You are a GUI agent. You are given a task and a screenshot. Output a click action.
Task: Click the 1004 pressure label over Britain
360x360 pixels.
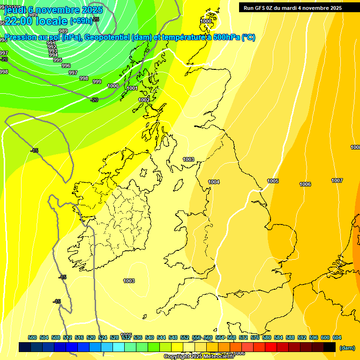coord(214,182)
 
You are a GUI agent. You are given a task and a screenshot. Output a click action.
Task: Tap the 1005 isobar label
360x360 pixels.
coord(273,181)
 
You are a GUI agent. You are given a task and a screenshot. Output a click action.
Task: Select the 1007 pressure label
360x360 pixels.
coord(337,180)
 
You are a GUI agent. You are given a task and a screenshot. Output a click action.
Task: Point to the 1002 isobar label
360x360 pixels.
coord(144,100)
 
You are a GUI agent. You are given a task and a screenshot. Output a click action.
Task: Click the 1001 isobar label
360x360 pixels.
coord(132,88)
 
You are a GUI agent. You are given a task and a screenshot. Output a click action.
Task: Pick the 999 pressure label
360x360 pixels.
coord(97,82)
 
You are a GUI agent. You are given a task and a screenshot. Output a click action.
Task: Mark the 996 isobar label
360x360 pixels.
coord(66,66)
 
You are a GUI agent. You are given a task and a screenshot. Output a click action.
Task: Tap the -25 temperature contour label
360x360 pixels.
coord(96,19)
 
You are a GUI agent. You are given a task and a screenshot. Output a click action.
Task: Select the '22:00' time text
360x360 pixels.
coord(19,21)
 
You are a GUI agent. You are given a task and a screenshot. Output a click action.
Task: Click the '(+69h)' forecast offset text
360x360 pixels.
coord(81,21)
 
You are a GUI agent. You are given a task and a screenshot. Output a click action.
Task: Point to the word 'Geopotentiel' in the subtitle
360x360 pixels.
coord(106,37)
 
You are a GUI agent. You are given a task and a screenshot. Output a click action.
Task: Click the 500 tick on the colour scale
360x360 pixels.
coord(32,337)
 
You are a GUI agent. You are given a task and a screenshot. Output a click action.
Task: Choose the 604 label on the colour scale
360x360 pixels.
coord(337,337)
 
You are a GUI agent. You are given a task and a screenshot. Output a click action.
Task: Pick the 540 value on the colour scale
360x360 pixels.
coord(150,337)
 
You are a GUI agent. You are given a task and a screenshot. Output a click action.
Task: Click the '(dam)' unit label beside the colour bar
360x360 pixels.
coord(347,348)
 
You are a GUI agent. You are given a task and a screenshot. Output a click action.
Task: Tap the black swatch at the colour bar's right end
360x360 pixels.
coord(329,347)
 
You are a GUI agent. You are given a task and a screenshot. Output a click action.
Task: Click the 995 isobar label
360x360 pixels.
coord(58,60)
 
